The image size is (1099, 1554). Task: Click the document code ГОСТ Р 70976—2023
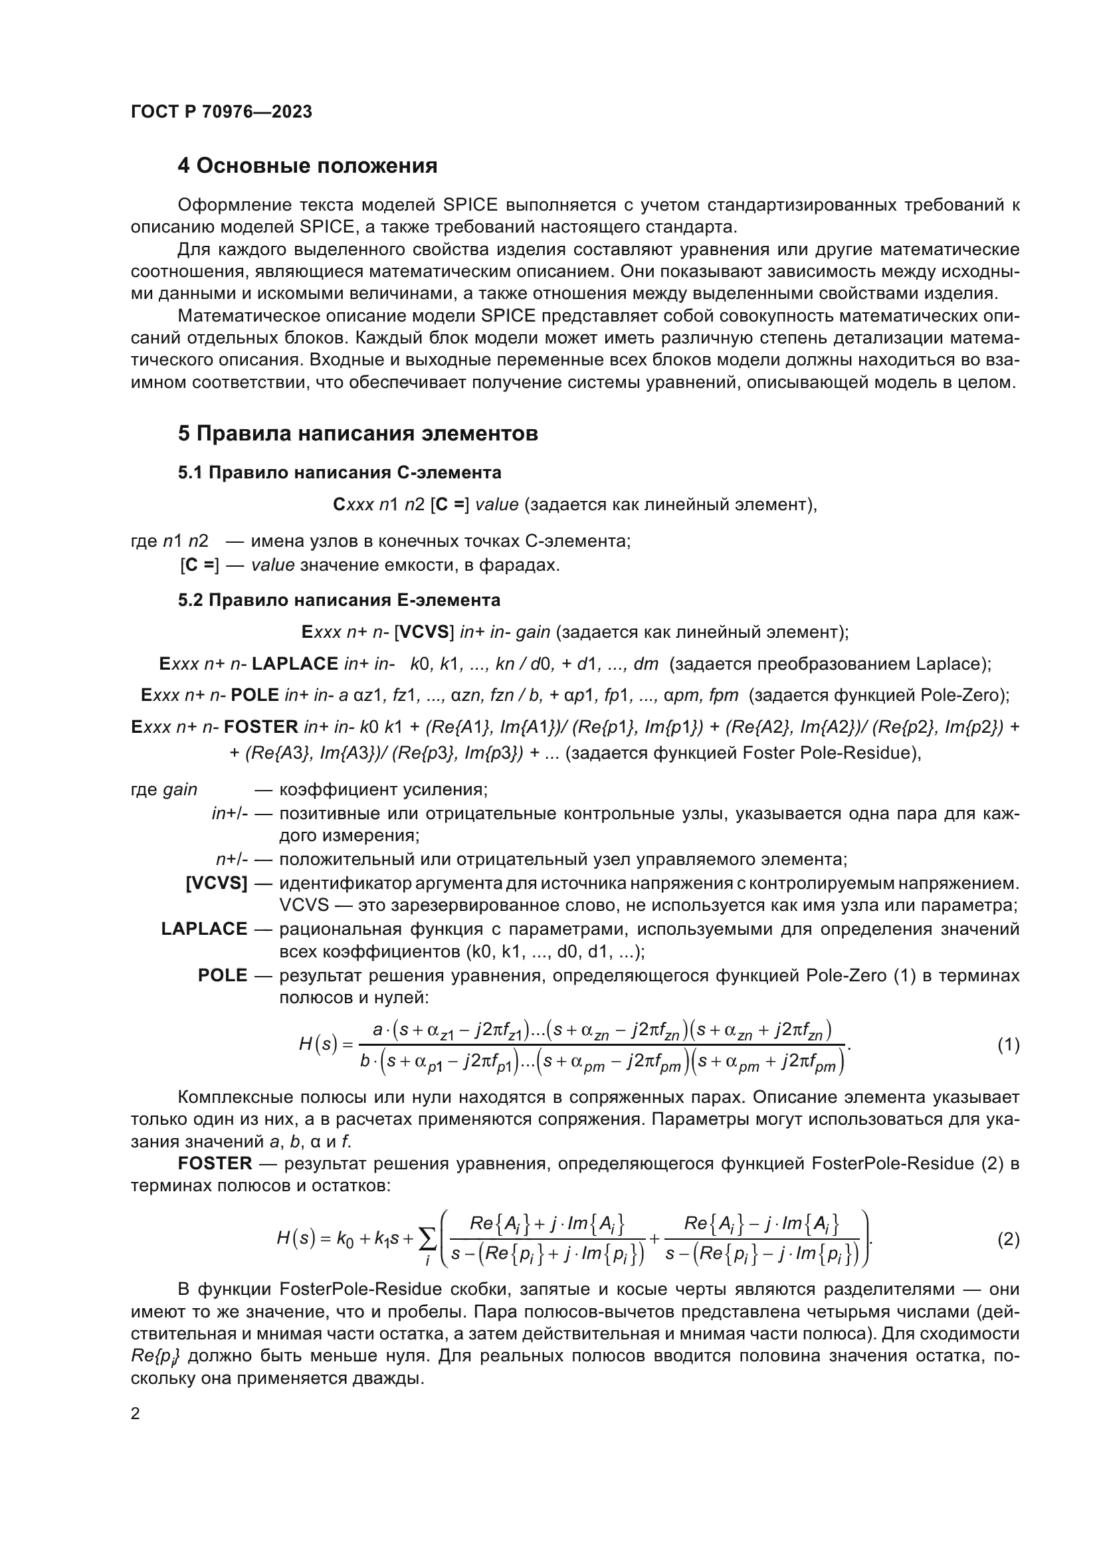tap(221, 112)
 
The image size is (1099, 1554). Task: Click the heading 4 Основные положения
tap(307, 166)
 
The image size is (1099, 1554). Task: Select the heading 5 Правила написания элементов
tap(357, 433)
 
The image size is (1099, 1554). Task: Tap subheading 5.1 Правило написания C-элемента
tap(339, 472)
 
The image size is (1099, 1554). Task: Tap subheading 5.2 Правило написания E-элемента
tap(339, 600)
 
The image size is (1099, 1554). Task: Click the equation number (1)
tap(1009, 1045)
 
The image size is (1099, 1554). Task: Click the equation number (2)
tap(1009, 1240)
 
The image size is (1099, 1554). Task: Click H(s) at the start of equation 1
tap(318, 1044)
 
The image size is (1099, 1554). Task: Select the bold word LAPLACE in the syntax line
tap(294, 664)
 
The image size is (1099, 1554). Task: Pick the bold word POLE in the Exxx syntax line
tap(254, 695)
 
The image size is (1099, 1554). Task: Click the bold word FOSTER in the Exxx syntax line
tap(260, 727)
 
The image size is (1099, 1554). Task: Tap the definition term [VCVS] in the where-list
tap(216, 883)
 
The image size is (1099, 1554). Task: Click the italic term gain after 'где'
tap(180, 790)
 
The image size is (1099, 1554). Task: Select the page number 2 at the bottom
tap(136, 1413)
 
